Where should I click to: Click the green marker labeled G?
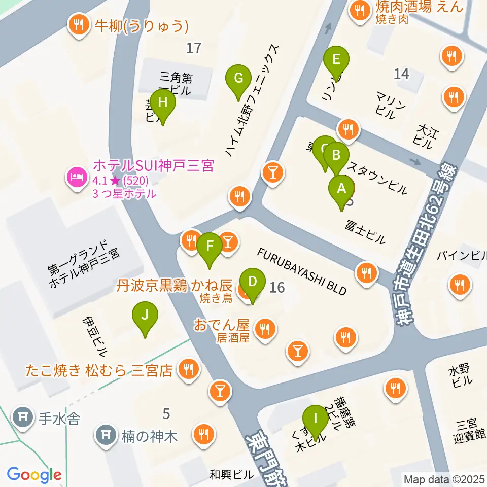point(238,79)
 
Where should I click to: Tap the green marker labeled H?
point(162,103)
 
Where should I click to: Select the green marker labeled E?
point(336,60)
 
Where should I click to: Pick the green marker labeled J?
point(145,316)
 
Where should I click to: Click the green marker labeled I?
point(316,419)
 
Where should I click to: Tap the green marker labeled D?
point(252,281)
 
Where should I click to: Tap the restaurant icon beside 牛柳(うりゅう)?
point(78,25)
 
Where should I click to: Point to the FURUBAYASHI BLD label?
point(302,271)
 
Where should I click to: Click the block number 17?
point(194,48)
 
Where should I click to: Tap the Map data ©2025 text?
point(444,478)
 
